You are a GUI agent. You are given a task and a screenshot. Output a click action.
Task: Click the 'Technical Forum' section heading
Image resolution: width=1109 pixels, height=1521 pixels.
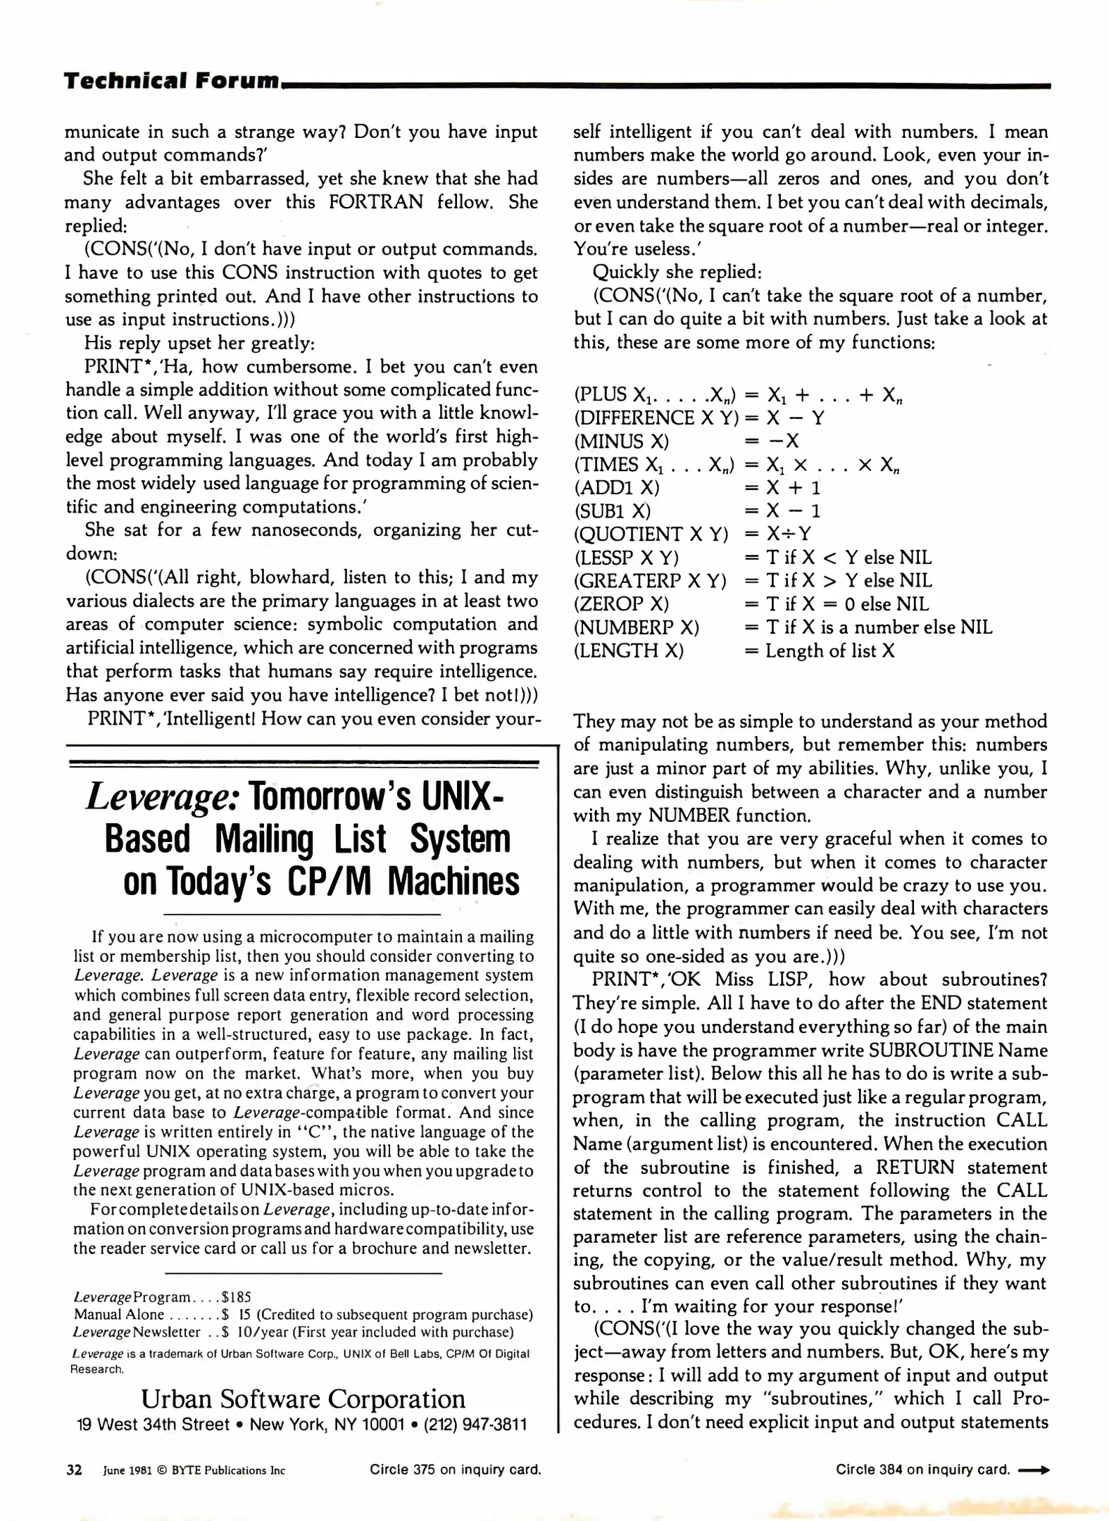tap(172, 81)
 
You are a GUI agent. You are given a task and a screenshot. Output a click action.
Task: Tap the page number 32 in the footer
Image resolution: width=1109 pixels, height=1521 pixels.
tap(74, 1470)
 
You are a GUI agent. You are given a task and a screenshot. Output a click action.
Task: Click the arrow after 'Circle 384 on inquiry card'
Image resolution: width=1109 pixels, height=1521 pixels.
tap(1034, 1470)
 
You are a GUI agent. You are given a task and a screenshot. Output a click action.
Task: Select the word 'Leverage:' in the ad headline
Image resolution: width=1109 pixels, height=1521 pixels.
tap(164, 798)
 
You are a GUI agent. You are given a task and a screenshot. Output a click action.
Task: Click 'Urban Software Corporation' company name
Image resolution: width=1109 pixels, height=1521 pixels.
tap(303, 1398)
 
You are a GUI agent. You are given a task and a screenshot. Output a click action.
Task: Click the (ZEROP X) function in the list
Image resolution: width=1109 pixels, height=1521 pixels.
tap(621, 604)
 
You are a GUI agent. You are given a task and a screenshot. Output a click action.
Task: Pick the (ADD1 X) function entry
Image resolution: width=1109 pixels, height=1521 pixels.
tap(617, 488)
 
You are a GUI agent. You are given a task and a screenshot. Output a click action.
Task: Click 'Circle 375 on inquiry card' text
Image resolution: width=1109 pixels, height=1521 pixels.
tap(456, 1470)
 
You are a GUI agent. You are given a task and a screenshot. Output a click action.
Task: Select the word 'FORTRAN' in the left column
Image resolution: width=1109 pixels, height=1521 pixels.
tap(376, 202)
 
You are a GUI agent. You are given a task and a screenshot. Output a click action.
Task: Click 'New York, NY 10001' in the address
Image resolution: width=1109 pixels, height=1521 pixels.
tap(327, 1425)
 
